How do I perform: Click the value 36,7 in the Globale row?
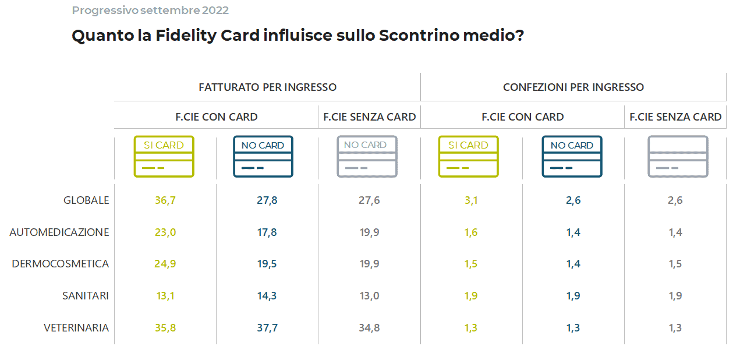click(x=165, y=200)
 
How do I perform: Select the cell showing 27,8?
click(x=267, y=200)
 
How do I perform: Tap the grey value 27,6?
click(x=369, y=200)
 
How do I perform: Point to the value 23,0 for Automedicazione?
click(x=165, y=232)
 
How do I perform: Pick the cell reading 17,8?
click(x=267, y=232)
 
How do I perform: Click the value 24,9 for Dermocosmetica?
click(x=165, y=264)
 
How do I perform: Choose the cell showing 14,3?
click(x=267, y=296)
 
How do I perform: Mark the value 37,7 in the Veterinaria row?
click(x=267, y=328)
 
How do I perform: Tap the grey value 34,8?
click(x=369, y=328)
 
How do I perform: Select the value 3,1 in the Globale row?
click(x=470, y=200)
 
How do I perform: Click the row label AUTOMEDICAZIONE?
click(x=59, y=232)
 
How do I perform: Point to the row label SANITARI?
click(x=86, y=296)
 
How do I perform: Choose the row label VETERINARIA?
click(x=76, y=328)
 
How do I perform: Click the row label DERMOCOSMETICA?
click(x=61, y=264)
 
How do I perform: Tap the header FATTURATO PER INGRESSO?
click(x=268, y=87)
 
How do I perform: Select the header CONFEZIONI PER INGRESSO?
click(x=573, y=87)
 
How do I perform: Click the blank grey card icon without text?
click(x=678, y=156)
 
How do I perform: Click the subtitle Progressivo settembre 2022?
click(x=150, y=10)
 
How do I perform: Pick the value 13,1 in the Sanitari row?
click(x=165, y=296)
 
